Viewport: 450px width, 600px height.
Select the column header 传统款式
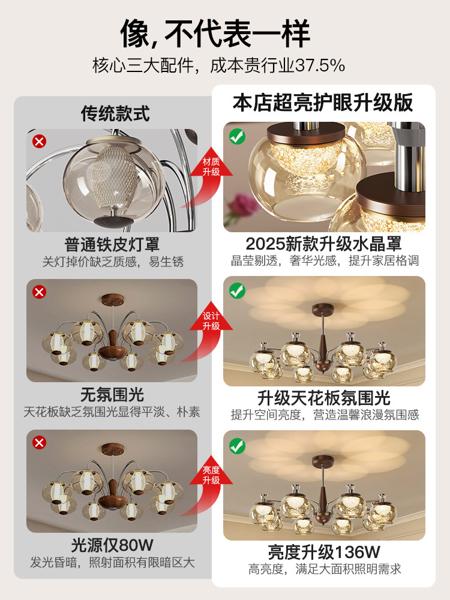[115, 113]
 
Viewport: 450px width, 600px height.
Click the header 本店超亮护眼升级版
[323, 103]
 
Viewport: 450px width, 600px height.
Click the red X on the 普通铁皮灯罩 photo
[40, 142]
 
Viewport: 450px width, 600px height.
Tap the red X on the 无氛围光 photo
[40, 292]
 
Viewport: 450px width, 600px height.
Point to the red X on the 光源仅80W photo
[40, 443]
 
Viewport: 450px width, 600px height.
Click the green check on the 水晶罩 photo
[238, 137]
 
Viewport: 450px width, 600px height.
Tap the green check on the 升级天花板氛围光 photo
[238, 292]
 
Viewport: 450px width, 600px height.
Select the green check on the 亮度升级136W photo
[238, 446]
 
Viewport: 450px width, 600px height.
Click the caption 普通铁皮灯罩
[112, 245]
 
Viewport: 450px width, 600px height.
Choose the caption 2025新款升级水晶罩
[323, 244]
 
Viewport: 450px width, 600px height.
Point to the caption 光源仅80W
[112, 545]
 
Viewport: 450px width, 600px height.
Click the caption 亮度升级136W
[324, 551]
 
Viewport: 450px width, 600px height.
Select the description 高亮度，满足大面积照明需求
[324, 569]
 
